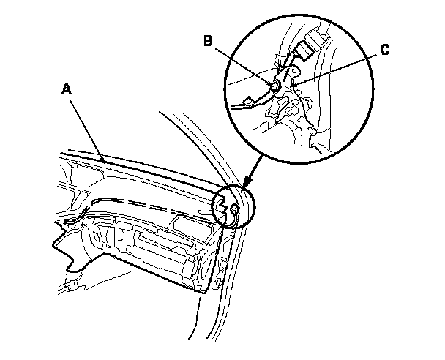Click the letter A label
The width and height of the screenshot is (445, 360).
(x=67, y=90)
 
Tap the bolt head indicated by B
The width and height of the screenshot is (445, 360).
(x=274, y=86)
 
